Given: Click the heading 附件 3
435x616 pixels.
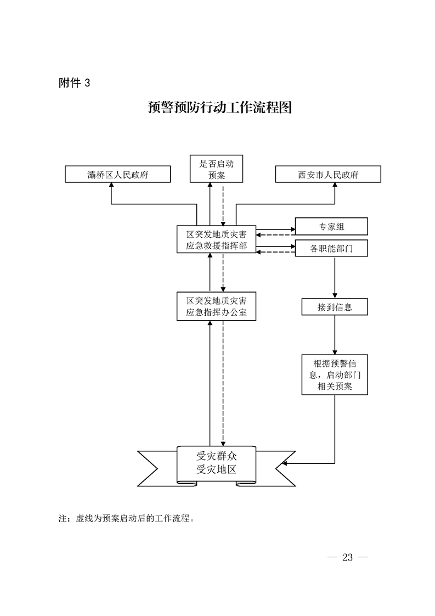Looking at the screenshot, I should coord(74,83).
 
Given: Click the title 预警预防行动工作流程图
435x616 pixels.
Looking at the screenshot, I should coord(219,108).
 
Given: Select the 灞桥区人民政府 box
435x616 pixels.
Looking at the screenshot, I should coord(118,175).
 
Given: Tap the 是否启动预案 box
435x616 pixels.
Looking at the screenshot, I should coord(216,169).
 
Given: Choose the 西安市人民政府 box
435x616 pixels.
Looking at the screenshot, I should coord(328,175).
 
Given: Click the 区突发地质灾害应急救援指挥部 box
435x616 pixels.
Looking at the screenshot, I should coord(216,240).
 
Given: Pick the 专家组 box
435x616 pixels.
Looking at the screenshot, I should coord(331,227).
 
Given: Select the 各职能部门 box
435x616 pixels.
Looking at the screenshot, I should coord(331,248).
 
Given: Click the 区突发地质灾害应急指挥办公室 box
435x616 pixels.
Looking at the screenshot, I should coord(216,307).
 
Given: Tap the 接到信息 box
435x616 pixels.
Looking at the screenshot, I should coord(334,307).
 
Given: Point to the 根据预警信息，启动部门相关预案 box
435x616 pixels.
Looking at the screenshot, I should coord(334,375).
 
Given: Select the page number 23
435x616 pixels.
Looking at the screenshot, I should coord(347,557).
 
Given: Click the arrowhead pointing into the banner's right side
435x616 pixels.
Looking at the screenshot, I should coord(285,464).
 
